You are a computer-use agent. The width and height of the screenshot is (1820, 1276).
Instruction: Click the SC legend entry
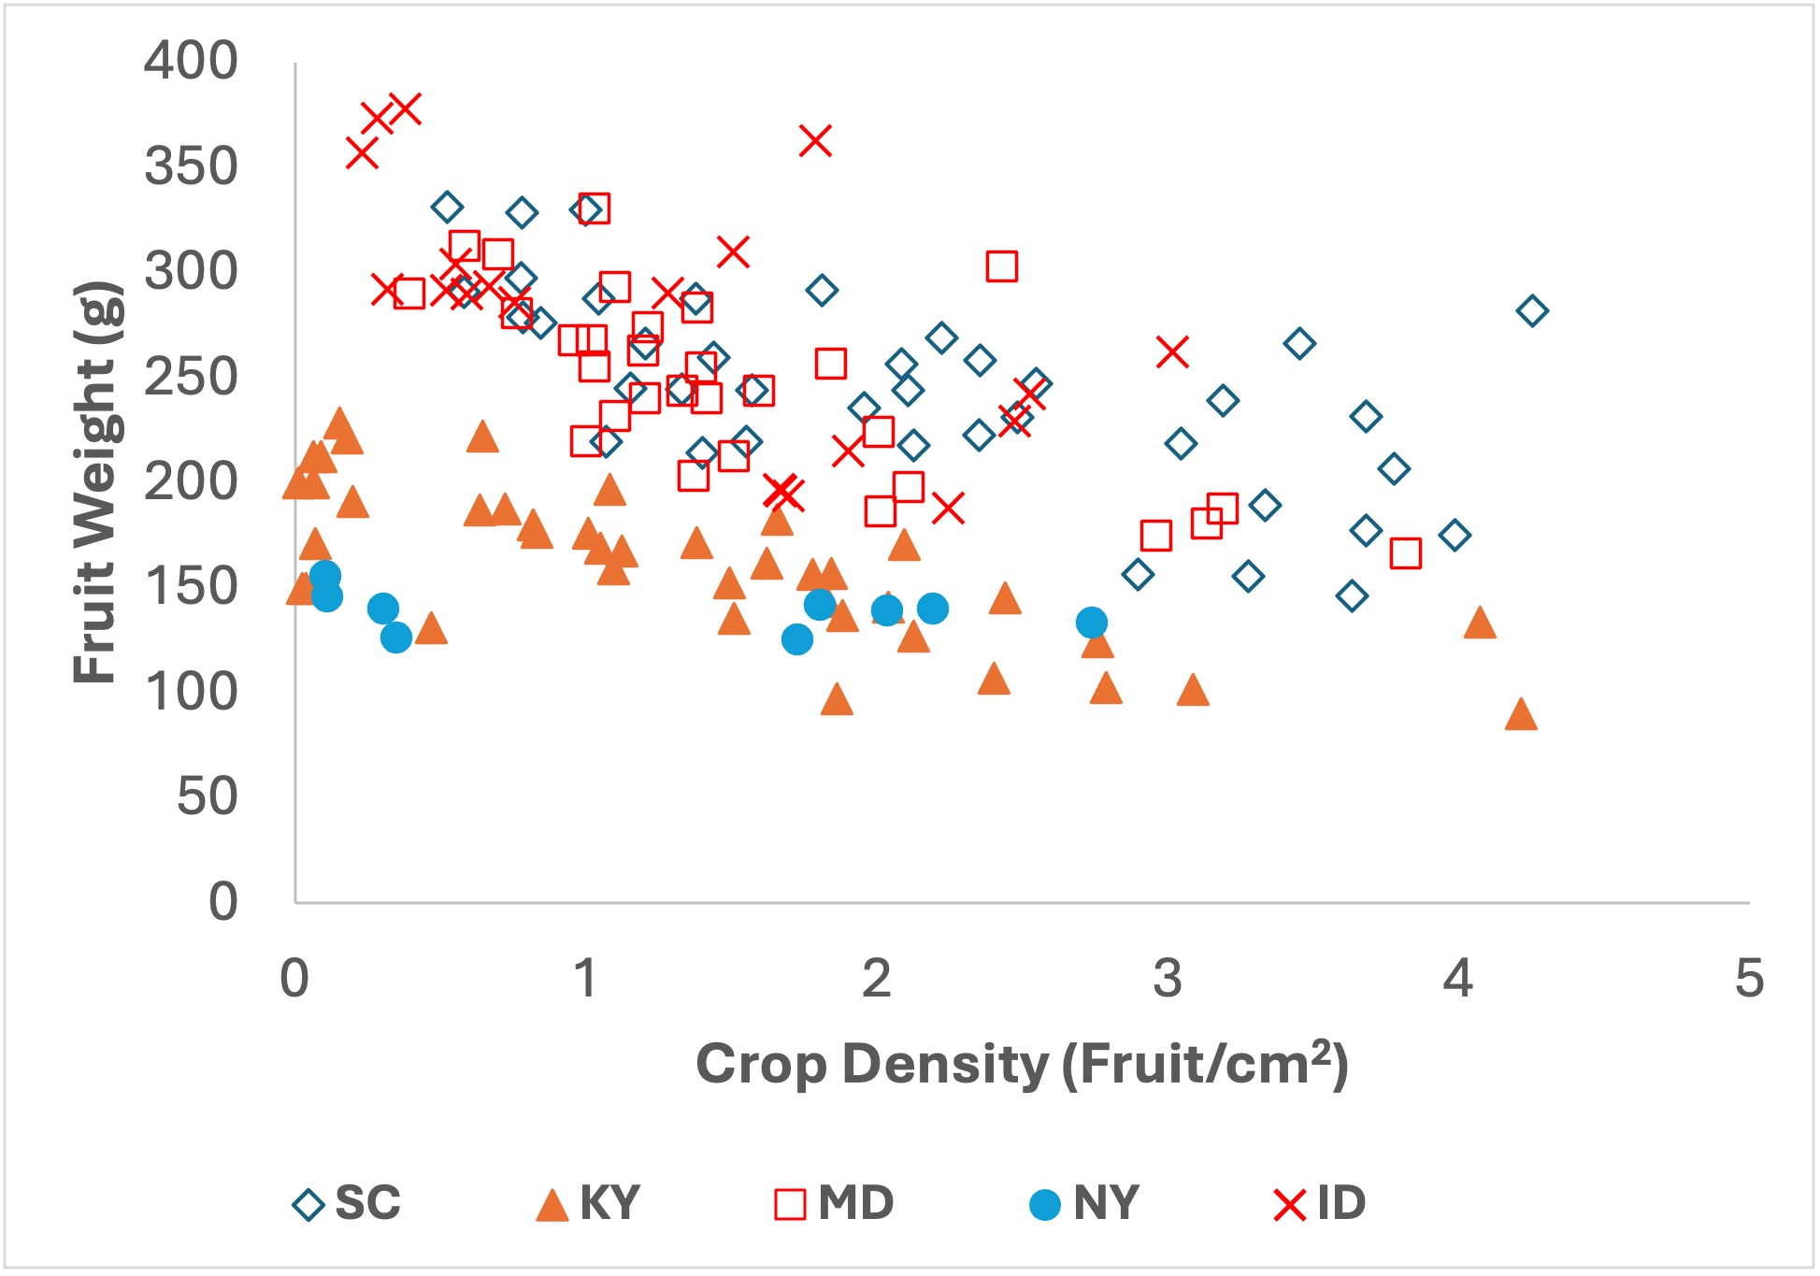tap(348, 1203)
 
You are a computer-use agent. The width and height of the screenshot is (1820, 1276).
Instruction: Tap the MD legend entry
tap(835, 1203)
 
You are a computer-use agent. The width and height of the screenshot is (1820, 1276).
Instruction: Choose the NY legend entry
tap(1084, 1203)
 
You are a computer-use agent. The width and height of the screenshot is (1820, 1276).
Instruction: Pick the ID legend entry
tap(1320, 1203)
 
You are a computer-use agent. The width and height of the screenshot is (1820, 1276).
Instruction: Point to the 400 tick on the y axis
tap(191, 62)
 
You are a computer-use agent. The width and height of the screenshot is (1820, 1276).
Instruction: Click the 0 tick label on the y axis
tap(222, 902)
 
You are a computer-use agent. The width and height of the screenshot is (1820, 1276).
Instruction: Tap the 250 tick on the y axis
tap(191, 378)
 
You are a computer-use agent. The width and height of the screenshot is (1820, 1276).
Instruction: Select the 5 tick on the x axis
tap(1749, 979)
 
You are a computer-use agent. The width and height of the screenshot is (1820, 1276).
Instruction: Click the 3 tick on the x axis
tap(1168, 979)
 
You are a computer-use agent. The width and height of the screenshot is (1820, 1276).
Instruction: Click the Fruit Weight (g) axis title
tap(96, 482)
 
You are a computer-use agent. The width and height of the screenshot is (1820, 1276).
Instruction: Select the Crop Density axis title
tap(1022, 1064)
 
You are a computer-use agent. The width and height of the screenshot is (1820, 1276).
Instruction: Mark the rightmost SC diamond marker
tap(1532, 310)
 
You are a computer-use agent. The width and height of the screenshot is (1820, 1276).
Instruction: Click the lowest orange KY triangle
tap(1521, 715)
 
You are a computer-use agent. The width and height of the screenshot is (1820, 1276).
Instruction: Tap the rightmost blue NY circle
tap(1092, 622)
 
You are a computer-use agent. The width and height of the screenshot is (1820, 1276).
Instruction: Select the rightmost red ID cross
tap(1172, 352)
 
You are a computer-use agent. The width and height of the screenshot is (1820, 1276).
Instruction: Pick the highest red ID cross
tap(405, 109)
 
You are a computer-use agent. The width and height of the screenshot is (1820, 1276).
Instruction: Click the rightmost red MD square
tap(1406, 553)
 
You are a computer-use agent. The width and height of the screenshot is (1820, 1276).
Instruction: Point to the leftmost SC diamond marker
tap(447, 208)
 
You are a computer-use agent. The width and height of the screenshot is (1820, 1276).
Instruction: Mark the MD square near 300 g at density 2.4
tap(1002, 266)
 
